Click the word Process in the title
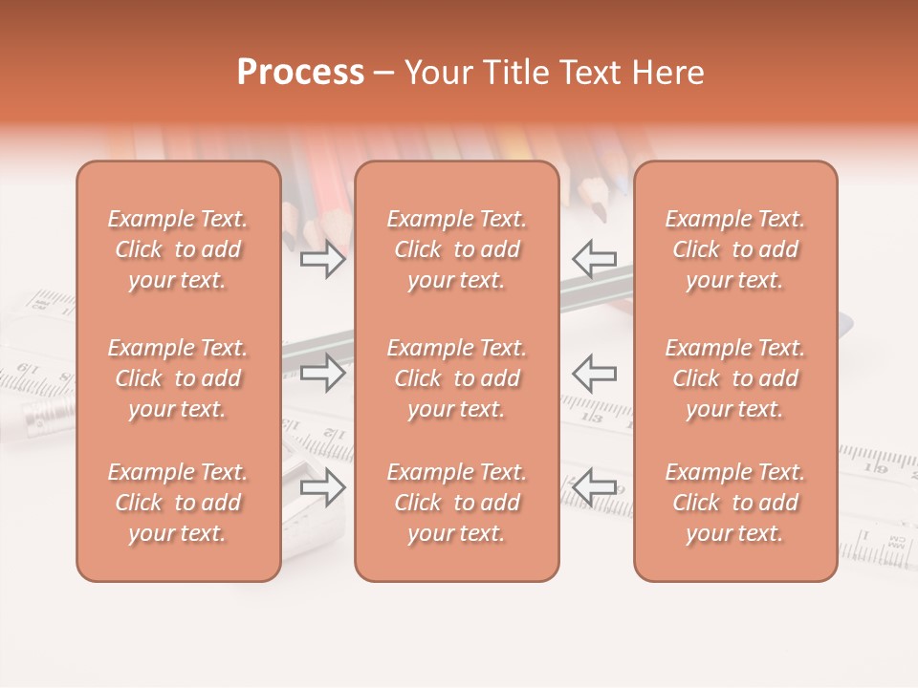point(300,73)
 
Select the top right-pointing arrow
point(323,258)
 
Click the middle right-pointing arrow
point(323,373)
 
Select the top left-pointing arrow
point(594,258)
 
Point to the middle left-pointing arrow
point(594,373)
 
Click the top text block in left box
point(178,249)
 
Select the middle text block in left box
point(178,378)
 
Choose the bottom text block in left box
point(178,503)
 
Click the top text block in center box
point(457,249)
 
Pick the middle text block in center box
point(457,378)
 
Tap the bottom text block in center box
point(457,503)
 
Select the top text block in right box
point(735,249)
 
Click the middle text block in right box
point(735,378)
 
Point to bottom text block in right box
point(735,503)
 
